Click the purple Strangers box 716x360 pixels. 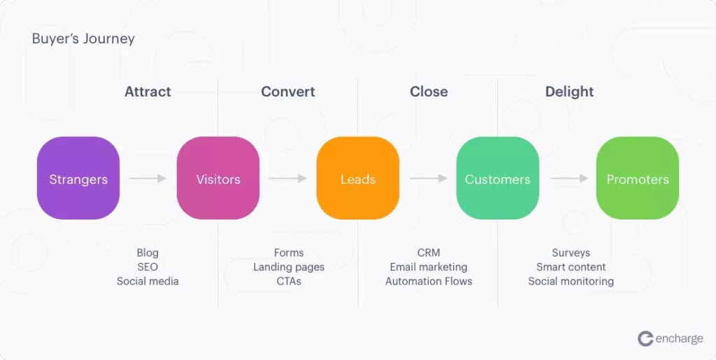(78, 178)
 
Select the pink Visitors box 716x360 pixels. (218, 178)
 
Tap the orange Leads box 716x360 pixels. (357, 178)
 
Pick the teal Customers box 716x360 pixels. (497, 178)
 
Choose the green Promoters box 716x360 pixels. (638, 178)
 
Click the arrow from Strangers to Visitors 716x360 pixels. (148, 178)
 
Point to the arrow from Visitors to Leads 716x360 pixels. (287, 178)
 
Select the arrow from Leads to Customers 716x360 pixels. (428, 178)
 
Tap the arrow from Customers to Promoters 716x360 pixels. (568, 178)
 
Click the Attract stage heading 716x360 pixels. (148, 92)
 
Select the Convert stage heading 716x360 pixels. (288, 92)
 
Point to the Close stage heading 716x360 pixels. (429, 92)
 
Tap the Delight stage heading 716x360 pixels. (569, 92)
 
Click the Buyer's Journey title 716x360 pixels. (83, 39)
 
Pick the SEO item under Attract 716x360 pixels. (148, 267)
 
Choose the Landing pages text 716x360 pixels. (289, 267)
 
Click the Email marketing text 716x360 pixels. (429, 267)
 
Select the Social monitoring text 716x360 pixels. (571, 282)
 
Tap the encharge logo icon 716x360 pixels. (645, 339)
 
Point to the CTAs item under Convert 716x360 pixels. (289, 281)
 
